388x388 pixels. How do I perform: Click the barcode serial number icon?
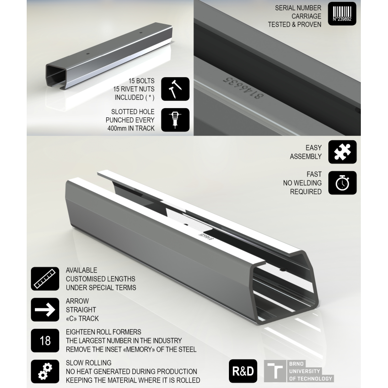[342, 14]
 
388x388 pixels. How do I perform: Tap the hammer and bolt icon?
[175, 88]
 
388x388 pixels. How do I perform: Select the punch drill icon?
[175, 119]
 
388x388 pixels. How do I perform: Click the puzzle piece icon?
[342, 152]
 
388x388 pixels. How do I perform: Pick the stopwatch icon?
[342, 183]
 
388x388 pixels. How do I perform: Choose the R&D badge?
[242, 372]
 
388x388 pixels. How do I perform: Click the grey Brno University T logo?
[275, 372]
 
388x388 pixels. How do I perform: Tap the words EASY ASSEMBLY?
[306, 152]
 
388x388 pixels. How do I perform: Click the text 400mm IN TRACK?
[130, 129]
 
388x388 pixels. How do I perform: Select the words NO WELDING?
[302, 183]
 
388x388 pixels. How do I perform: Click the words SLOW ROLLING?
[88, 363]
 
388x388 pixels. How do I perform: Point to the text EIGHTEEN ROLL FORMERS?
[103, 332]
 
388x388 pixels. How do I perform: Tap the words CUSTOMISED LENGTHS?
[100, 279]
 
